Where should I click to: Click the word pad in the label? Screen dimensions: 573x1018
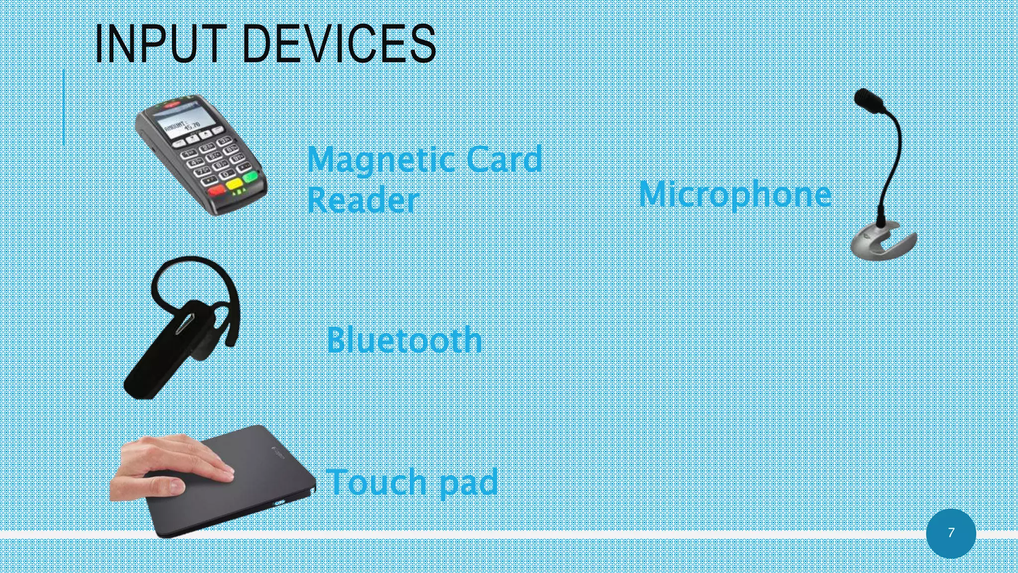tap(469, 482)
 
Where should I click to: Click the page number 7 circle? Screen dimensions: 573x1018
tap(951, 533)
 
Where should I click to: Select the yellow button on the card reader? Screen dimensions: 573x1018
tap(234, 184)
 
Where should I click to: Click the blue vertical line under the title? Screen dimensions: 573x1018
tap(64, 107)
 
